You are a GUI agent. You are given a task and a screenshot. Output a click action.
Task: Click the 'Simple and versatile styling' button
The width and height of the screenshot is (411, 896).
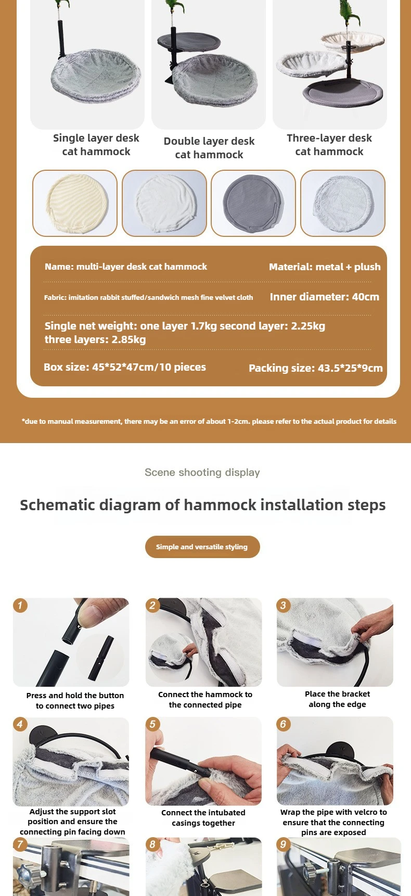coord(202,547)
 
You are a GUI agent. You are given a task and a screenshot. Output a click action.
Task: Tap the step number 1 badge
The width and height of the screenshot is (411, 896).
coord(20,605)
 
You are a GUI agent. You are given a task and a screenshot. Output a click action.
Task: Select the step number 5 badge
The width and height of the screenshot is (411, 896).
coord(152,724)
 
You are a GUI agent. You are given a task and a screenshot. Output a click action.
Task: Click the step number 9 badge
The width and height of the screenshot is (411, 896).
coord(283,844)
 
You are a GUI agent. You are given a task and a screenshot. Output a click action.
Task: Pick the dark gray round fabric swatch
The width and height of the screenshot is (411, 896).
coord(253,203)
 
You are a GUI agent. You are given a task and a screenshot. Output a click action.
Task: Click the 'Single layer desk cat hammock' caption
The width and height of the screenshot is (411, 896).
coord(96,145)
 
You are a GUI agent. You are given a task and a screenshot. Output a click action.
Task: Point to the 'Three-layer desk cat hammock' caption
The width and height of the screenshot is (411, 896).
coord(329,145)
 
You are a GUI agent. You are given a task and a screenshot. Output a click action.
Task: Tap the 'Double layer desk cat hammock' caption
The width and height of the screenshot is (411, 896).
coord(209,148)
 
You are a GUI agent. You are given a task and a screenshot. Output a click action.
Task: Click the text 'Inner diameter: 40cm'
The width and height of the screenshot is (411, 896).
coord(325,297)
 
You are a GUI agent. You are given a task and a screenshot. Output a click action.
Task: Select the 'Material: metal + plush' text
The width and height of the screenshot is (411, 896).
coord(325,267)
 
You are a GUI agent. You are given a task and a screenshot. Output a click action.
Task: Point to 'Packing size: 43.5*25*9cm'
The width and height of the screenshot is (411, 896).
coord(316,368)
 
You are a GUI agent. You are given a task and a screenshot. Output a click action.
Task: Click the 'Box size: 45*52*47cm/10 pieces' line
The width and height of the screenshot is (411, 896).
coord(125,367)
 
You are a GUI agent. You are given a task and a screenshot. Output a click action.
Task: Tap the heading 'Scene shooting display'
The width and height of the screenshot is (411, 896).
coord(202,472)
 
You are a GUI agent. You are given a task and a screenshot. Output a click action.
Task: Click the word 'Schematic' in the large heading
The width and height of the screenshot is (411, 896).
coord(57,505)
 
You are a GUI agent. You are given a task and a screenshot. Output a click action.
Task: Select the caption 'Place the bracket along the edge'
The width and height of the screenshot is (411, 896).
coord(338,699)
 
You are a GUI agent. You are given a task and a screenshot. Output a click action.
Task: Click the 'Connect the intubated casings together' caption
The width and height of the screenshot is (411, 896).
coord(203,817)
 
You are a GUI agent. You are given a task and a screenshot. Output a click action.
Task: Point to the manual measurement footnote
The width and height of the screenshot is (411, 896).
coord(209,421)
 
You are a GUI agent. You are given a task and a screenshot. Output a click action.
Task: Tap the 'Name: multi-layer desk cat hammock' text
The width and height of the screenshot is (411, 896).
coord(126,267)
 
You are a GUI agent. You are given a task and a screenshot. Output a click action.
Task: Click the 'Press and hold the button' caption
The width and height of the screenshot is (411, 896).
coord(75,696)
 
